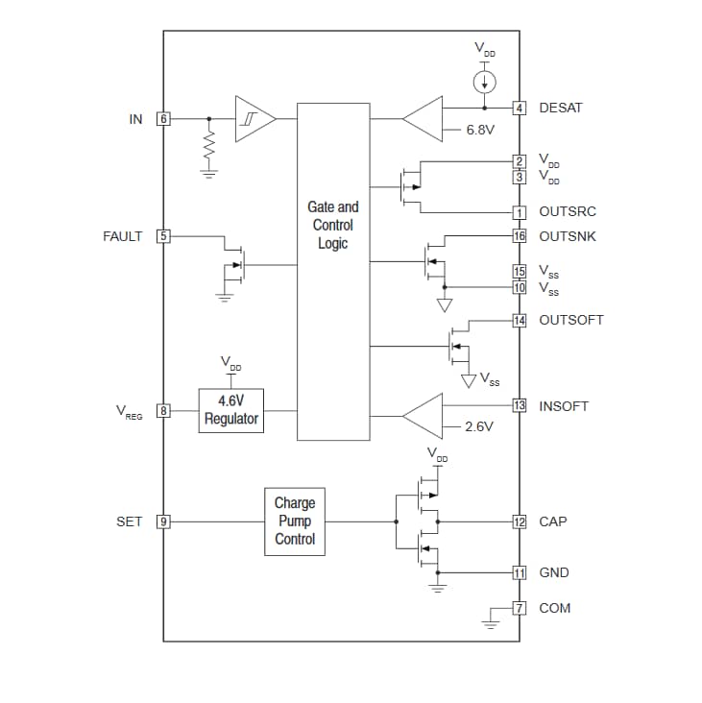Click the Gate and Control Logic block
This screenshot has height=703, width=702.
[332, 271]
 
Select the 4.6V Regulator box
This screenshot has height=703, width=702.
[230, 410]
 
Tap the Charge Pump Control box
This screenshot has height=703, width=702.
[295, 521]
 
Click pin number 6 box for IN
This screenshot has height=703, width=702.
[163, 119]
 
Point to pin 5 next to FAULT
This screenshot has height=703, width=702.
[163, 236]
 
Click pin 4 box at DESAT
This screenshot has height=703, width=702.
[520, 108]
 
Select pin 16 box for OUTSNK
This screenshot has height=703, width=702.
[520, 236]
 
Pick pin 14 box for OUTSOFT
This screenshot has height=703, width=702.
[520, 320]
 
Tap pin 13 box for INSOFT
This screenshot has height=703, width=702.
[520, 405]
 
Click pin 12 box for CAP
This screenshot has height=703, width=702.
[520, 521]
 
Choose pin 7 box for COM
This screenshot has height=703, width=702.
[520, 608]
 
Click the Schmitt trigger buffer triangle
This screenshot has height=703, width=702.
[254, 119]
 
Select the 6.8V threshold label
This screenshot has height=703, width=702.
[479, 130]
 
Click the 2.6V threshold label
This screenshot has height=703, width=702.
[478, 426]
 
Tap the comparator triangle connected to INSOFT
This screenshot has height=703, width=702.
[424, 416]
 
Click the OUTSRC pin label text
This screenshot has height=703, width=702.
[569, 212]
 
